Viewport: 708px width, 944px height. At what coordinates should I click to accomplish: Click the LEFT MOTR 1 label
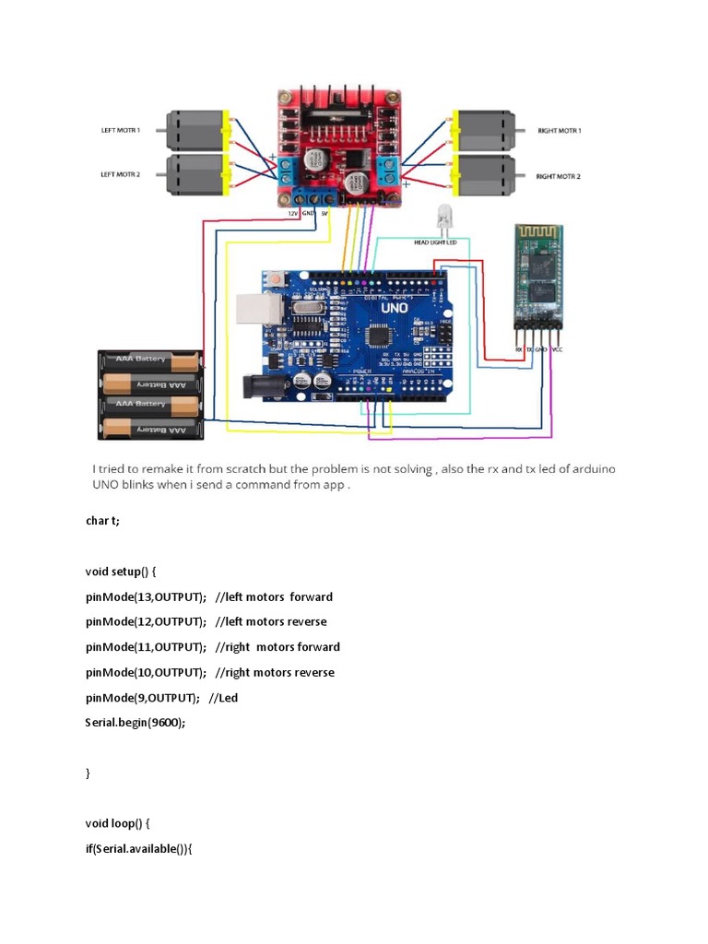point(120,130)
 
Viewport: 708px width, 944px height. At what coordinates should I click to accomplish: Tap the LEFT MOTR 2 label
point(120,173)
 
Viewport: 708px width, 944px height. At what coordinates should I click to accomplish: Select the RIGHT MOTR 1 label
point(560,131)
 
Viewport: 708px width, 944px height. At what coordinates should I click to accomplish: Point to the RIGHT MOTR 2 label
point(559,175)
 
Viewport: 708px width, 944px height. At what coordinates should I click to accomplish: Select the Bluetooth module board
point(538,277)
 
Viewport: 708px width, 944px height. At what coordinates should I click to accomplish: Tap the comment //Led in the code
point(223,698)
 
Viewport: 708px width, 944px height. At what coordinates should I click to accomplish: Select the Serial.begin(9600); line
point(136,723)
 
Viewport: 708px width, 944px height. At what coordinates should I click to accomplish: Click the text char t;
point(102,521)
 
